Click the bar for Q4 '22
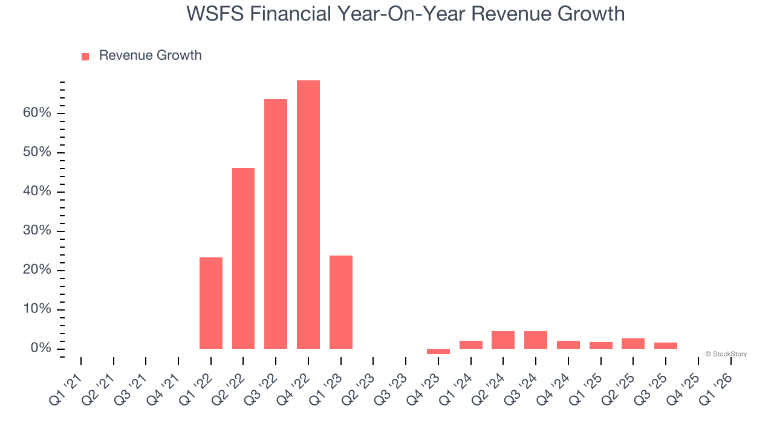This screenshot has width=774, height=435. (308, 214)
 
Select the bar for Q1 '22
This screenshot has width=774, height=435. (211, 303)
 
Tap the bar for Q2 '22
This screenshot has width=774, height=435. (243, 258)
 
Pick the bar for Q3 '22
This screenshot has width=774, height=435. (276, 224)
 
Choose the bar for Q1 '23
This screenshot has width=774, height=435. (341, 302)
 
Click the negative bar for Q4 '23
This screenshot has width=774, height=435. (438, 352)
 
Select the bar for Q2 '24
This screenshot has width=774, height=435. (503, 340)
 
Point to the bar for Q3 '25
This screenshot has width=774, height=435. (666, 346)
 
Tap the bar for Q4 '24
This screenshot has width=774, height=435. (568, 345)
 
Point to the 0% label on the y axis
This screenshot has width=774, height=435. (41, 349)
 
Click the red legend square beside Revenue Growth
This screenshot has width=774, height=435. (85, 56)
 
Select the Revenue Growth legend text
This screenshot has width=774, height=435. (150, 56)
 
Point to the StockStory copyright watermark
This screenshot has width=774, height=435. (726, 354)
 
